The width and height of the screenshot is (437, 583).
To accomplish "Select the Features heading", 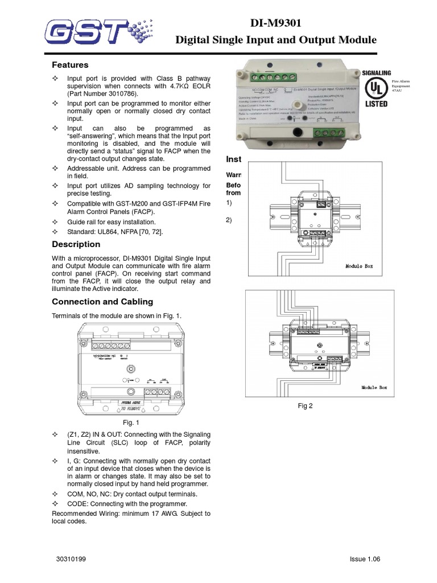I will tap(70, 65).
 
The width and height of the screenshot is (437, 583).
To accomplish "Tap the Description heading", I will tap(76, 244).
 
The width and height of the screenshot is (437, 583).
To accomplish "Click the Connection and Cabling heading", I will tap(102, 301).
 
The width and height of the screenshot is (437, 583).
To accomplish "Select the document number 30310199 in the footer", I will tap(71, 559).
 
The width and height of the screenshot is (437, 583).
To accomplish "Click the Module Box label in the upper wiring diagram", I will tap(359, 266).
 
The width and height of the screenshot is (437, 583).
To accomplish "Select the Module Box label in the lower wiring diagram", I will tap(374, 387).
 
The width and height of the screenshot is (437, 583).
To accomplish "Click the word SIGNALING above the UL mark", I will tap(376, 73).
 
